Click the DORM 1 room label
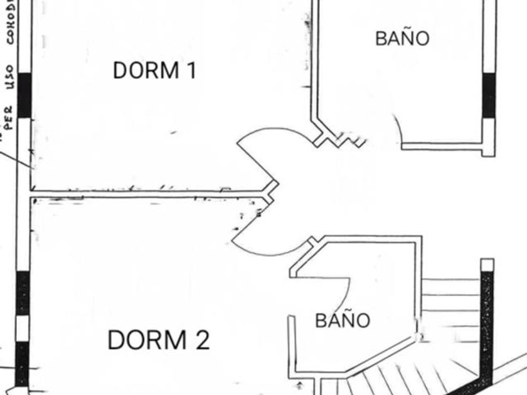[x=154, y=70]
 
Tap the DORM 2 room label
[x=158, y=340]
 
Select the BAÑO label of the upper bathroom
[x=402, y=38]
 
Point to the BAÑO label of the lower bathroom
[x=343, y=320]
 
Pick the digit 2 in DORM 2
[x=201, y=340]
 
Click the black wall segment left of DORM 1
[x=24, y=95]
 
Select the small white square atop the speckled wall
[x=487, y=265]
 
